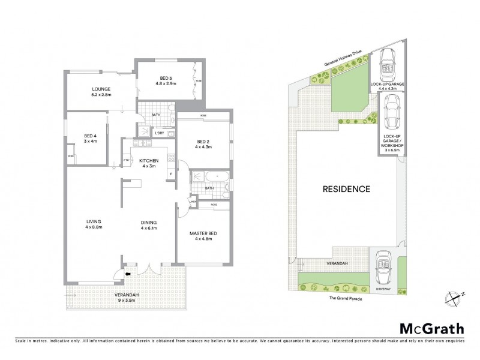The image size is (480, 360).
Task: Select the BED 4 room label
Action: pos(88,138)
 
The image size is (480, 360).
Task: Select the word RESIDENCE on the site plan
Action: pos(346,189)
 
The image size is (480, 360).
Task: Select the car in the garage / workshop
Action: pos(391,113)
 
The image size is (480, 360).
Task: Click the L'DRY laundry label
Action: pos(160,133)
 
